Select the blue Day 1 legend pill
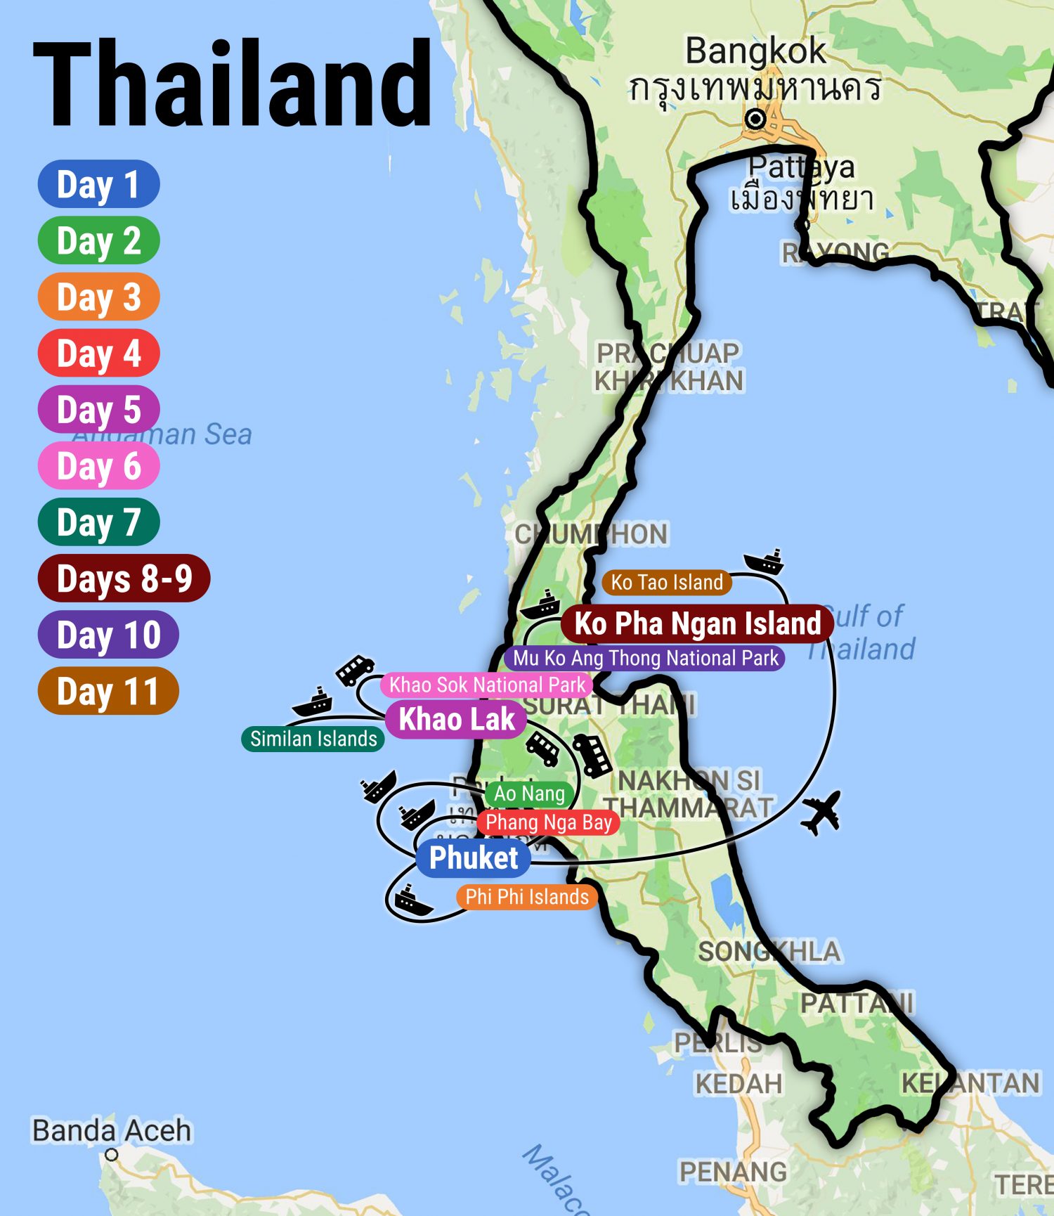click(x=98, y=184)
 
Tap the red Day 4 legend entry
click(x=98, y=353)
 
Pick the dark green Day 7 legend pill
click(x=98, y=522)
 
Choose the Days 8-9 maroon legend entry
click(x=124, y=578)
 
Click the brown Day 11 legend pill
click(x=108, y=691)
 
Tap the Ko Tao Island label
click(x=666, y=582)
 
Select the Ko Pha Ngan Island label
click(x=697, y=623)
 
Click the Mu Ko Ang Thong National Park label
click(x=644, y=658)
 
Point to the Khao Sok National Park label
click(x=487, y=685)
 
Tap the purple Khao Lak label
click(x=457, y=719)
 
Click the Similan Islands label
click(x=313, y=739)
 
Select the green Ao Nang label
click(x=529, y=794)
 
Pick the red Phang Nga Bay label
click(x=548, y=822)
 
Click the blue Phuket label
click(x=473, y=858)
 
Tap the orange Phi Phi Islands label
click(x=527, y=897)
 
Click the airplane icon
click(x=821, y=813)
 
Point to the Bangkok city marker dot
click(x=755, y=119)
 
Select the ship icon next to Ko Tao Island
click(x=764, y=562)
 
